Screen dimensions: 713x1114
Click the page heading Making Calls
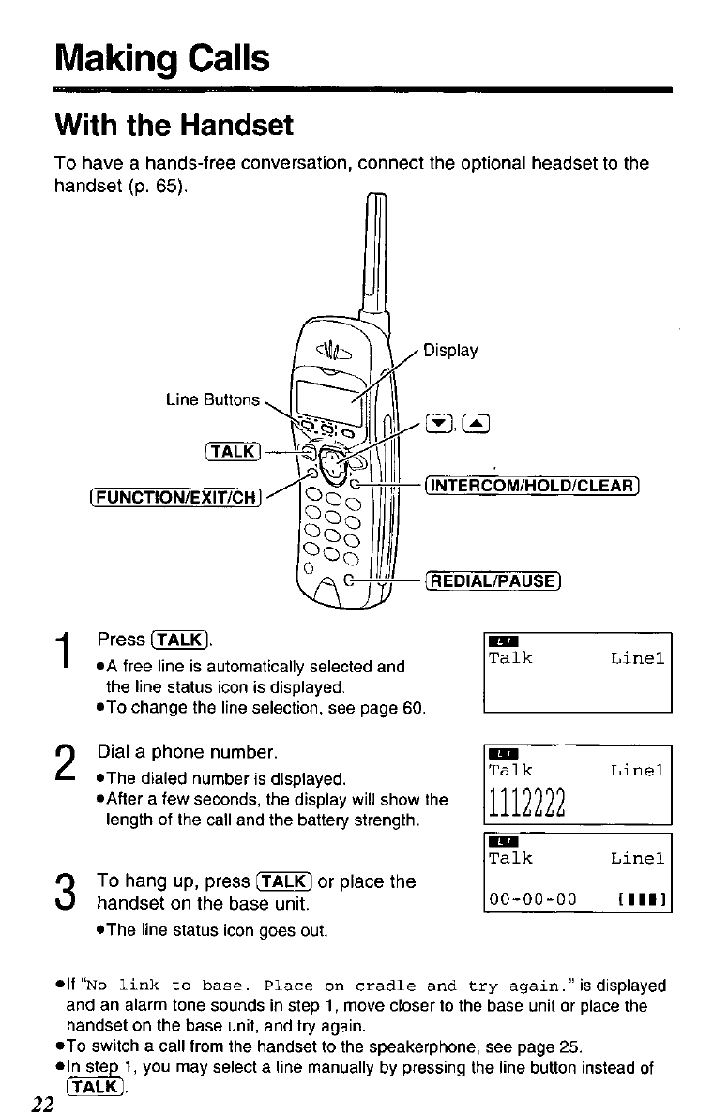click(x=162, y=58)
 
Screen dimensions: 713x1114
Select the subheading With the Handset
click(x=174, y=125)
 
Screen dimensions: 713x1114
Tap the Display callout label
click(x=450, y=352)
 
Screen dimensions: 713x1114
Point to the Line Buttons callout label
click(x=213, y=399)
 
